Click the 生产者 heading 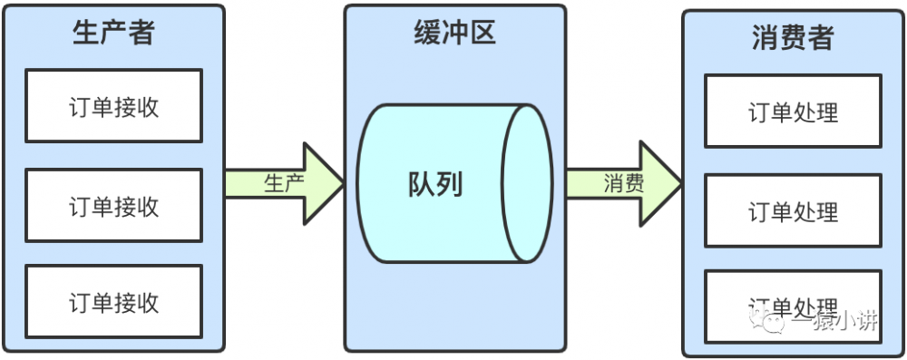(x=113, y=33)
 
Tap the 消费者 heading (x=793, y=38)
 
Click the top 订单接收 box (x=113, y=106)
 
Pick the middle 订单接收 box (x=113, y=205)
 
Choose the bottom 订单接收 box (x=113, y=301)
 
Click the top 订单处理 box (x=793, y=112)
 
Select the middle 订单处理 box (x=793, y=210)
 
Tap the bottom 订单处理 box (x=793, y=306)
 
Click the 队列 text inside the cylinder (x=435, y=184)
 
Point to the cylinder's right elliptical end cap (x=528, y=183)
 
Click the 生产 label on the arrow (x=283, y=182)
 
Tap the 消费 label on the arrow (x=624, y=183)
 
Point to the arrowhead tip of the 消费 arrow (x=681, y=183)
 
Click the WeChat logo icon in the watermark (x=776, y=322)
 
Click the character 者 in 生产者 (x=141, y=33)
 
